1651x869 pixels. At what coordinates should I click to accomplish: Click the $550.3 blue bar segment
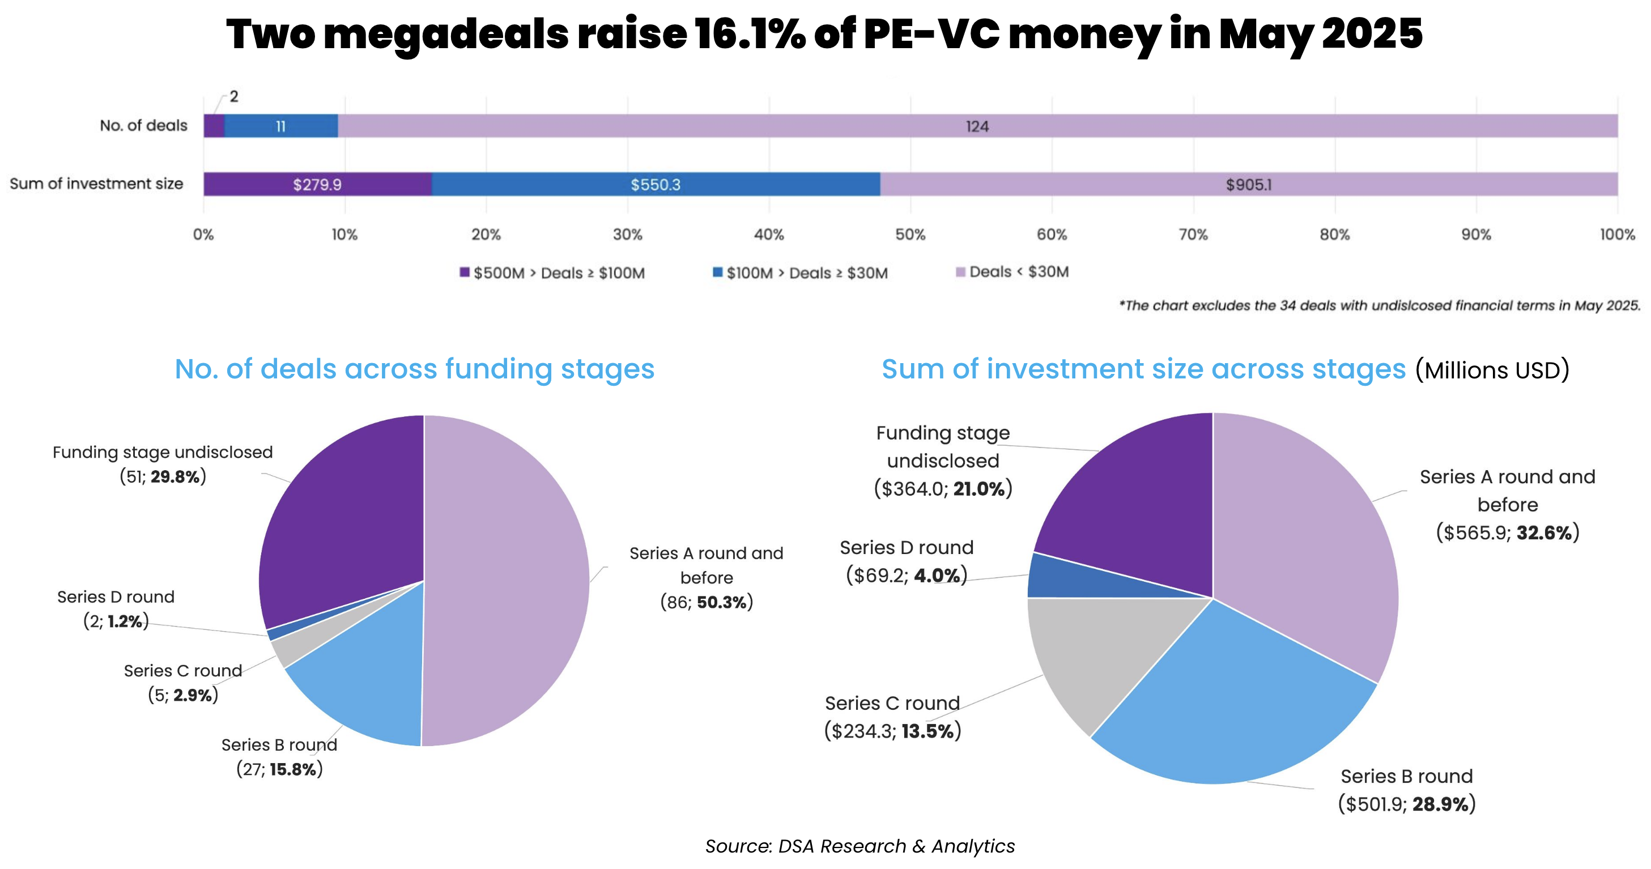pos(655,185)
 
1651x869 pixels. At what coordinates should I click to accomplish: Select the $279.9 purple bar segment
pos(317,185)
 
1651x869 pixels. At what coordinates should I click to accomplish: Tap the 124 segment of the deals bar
pos(977,126)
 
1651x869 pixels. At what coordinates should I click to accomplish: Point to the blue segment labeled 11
pos(280,126)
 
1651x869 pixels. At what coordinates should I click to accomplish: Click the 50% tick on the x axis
pos(910,235)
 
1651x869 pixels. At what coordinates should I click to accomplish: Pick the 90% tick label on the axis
pos(1475,235)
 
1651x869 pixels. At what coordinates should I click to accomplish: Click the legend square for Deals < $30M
pos(960,272)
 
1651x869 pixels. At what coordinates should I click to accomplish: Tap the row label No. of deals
pos(143,126)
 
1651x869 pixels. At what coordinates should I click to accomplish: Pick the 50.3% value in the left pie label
pos(722,602)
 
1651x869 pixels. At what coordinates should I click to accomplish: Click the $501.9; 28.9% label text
pos(1407,804)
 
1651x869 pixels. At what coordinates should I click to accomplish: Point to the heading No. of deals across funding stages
pos(415,369)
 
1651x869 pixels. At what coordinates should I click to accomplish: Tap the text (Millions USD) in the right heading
pos(1492,370)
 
